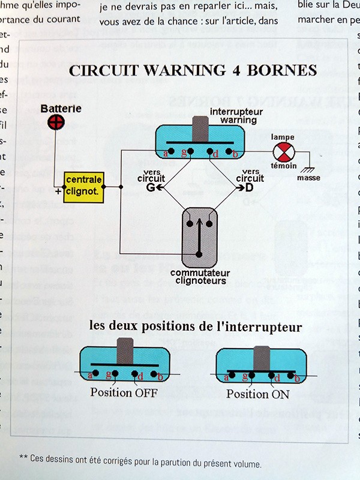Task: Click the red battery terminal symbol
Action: coord(57,122)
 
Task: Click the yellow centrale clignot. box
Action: coord(83,185)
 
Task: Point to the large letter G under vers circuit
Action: coord(151,187)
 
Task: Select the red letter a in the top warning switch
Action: coord(165,154)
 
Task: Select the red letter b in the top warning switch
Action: coord(235,154)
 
